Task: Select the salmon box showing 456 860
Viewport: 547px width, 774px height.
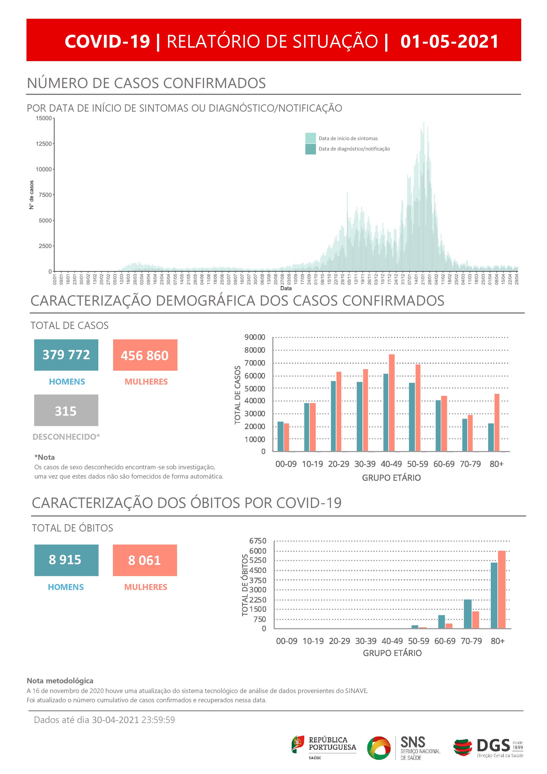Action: pos(145,355)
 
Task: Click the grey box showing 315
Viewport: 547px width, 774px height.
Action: pos(66,410)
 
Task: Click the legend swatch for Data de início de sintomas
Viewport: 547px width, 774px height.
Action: pos(310,138)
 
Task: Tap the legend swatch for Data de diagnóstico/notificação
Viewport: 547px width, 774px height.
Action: pos(310,149)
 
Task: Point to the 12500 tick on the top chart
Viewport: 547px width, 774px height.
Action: pos(44,144)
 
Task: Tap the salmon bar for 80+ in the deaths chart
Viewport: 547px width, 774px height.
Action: pos(502,589)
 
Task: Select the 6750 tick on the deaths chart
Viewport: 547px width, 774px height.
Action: pos(258,541)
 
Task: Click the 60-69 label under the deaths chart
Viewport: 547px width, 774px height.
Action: pos(445,641)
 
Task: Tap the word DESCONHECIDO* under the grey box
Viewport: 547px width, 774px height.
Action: pos(66,437)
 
